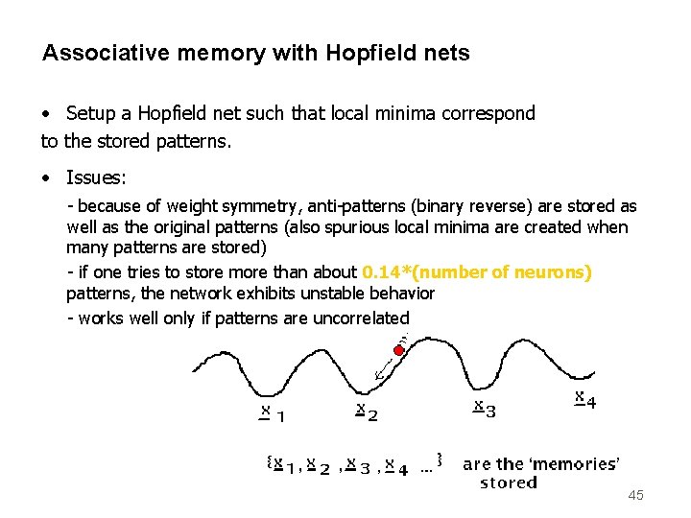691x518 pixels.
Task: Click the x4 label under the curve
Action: click(584, 398)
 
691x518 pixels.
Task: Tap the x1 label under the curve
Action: click(273, 413)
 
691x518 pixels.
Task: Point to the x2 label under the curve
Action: click(367, 412)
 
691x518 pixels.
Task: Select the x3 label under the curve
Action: click(485, 409)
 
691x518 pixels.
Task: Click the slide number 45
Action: click(634, 495)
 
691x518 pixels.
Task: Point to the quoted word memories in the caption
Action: click(573, 464)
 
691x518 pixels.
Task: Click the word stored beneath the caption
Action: click(509, 483)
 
